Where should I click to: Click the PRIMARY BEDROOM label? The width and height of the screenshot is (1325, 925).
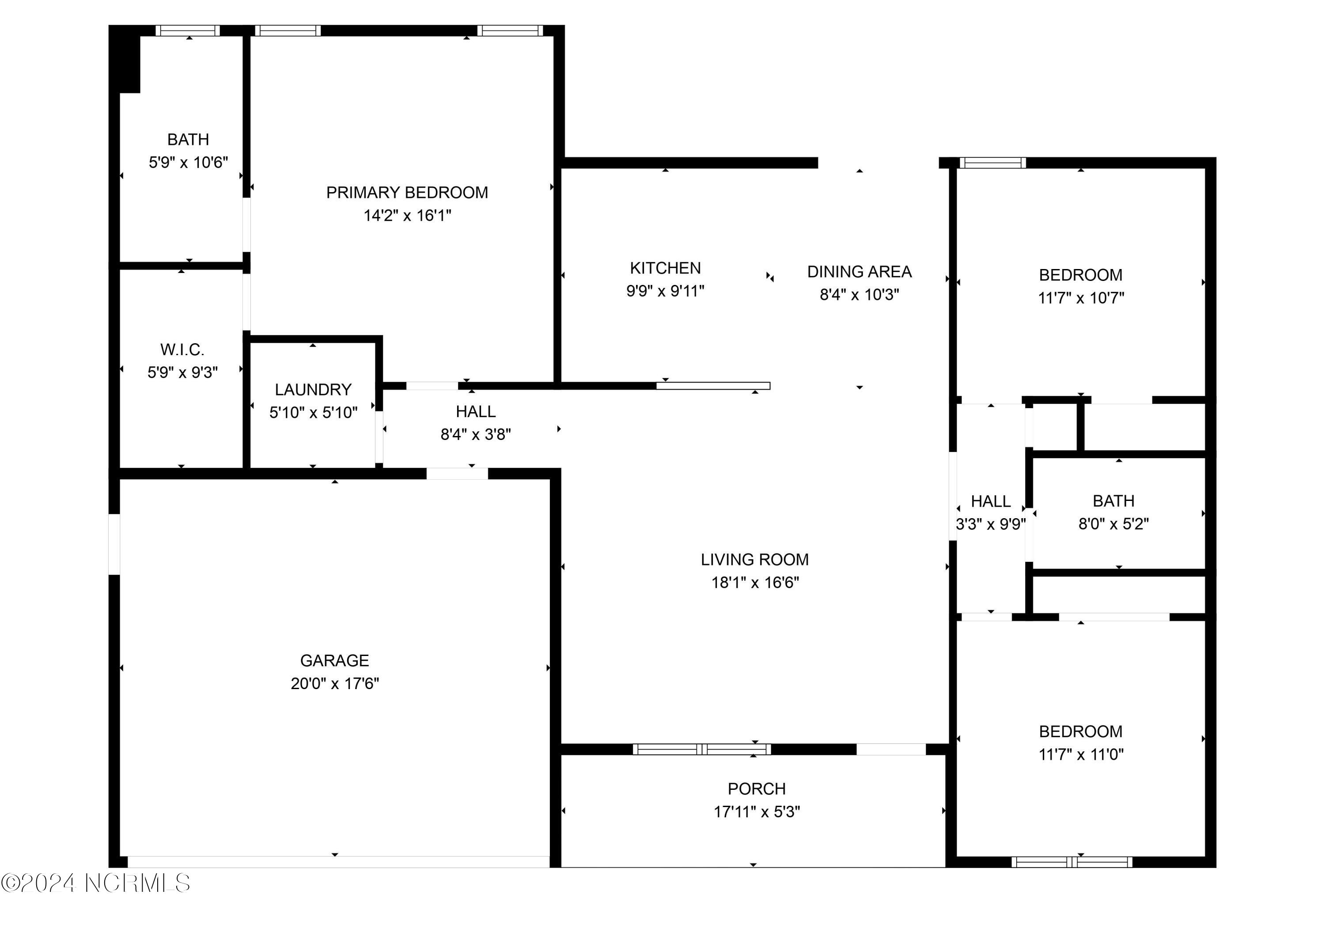(x=407, y=193)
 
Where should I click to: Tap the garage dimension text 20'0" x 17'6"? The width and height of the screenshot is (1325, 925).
(x=335, y=684)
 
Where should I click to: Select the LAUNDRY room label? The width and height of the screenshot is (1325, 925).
(x=313, y=390)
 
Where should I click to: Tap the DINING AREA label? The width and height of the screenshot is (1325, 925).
(x=859, y=272)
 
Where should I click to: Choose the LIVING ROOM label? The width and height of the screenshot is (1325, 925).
(x=755, y=560)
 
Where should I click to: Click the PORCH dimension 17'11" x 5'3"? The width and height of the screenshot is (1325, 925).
(x=757, y=812)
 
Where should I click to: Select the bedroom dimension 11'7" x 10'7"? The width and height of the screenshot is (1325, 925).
(x=1081, y=298)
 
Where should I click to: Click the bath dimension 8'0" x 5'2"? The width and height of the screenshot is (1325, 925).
(x=1113, y=524)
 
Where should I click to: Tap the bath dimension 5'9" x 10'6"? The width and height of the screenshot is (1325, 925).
(x=188, y=163)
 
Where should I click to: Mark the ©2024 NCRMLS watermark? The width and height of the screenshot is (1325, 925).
(x=96, y=883)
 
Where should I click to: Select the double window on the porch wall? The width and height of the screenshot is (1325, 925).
(x=701, y=750)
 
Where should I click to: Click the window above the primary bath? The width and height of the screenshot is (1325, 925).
(x=188, y=30)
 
